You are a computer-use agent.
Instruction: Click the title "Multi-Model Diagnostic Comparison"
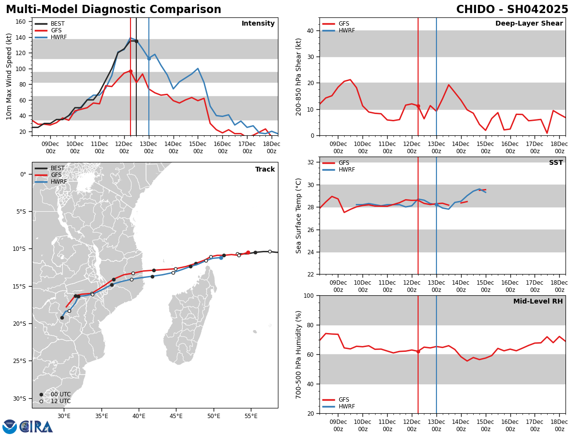coord(114,10)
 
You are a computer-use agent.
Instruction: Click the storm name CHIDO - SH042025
coord(512,10)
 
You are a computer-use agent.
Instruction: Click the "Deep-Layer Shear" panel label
coord(529,24)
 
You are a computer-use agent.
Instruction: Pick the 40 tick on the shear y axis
coord(309,30)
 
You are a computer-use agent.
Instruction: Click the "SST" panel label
coord(556,163)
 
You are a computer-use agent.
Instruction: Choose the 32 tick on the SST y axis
coord(309,162)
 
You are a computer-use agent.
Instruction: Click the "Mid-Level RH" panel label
coord(538,302)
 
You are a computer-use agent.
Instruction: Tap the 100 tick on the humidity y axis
coord(307,295)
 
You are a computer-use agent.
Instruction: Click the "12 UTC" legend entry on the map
coord(58,401)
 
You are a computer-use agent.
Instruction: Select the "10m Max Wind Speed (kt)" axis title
coord(9,77)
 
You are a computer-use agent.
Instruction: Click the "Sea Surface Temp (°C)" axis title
coord(299,216)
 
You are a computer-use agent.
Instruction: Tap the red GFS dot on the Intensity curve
coord(130,71)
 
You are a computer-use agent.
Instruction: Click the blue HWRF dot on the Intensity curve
coord(149,58)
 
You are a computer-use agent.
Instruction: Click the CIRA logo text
coord(37,427)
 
